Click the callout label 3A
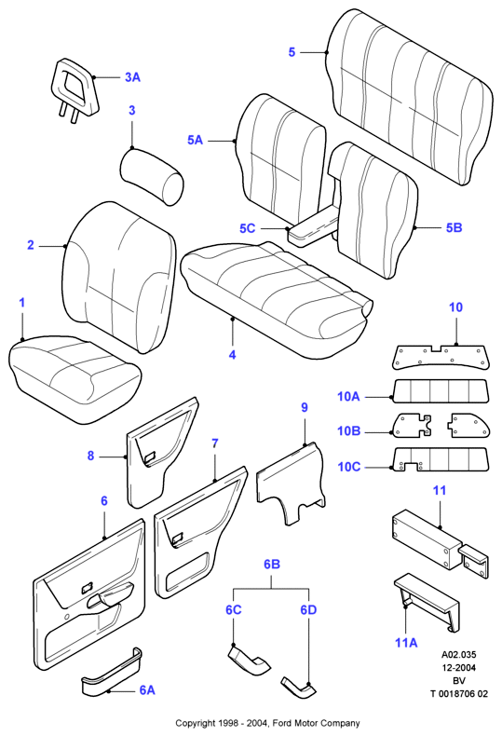pos(132,77)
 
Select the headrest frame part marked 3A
pos(75,89)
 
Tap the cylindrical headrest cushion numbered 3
pos(152,176)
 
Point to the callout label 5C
pos(247,228)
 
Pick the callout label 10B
pos(348,431)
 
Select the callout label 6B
pos(272,564)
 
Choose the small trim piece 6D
pos(299,686)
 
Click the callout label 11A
pos(406,642)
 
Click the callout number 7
pos(215,443)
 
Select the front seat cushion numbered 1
pos(75,379)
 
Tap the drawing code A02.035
pos(458,655)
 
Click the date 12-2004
pos(458,668)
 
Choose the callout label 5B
pos(454,227)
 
